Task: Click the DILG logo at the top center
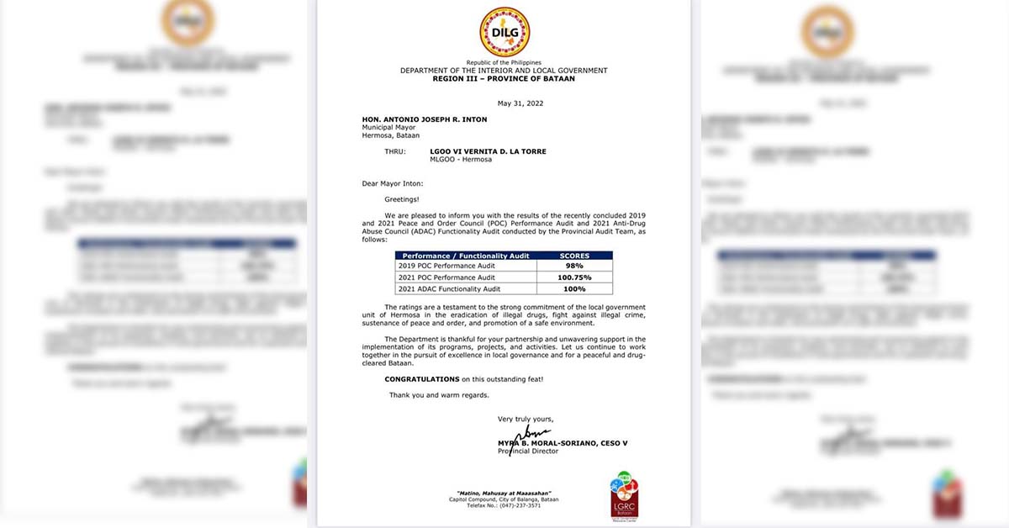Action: click(504, 32)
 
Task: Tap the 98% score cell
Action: click(574, 266)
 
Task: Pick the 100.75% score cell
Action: click(574, 277)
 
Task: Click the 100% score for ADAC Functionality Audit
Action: click(574, 289)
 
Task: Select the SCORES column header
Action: click(574, 256)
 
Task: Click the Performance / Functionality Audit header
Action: click(466, 256)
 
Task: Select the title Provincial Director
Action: click(528, 451)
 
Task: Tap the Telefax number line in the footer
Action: click(504, 506)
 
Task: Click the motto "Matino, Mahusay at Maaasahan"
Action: click(504, 493)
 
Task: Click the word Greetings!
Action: click(402, 200)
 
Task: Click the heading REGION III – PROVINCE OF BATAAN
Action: click(504, 78)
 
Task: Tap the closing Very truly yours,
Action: click(526, 419)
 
